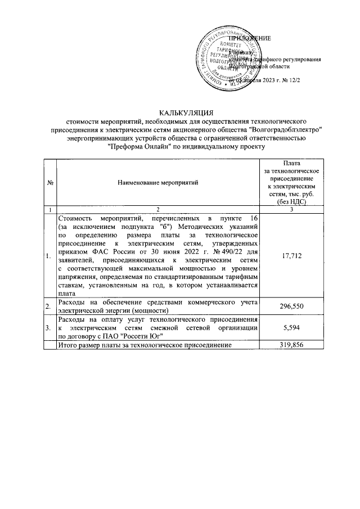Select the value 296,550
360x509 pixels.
point(292,305)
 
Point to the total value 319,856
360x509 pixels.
point(292,345)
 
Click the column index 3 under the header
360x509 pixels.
point(292,210)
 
